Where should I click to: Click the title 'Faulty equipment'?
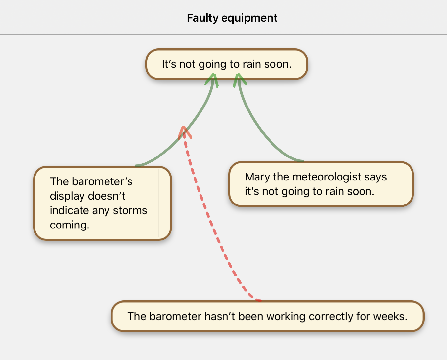coord(232,18)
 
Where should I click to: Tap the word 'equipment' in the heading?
coord(249,18)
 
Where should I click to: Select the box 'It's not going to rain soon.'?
coord(226,64)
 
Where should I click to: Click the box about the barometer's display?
coord(103,203)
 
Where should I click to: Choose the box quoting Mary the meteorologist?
coord(321,184)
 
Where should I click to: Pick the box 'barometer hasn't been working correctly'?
coord(267,316)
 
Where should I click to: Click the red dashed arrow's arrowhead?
coord(184,132)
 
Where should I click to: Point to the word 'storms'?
coord(130,210)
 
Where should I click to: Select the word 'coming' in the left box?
coord(69,225)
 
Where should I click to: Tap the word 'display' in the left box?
coord(67,196)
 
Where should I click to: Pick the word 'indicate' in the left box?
coord(69,210)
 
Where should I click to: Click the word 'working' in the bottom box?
coord(286,316)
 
